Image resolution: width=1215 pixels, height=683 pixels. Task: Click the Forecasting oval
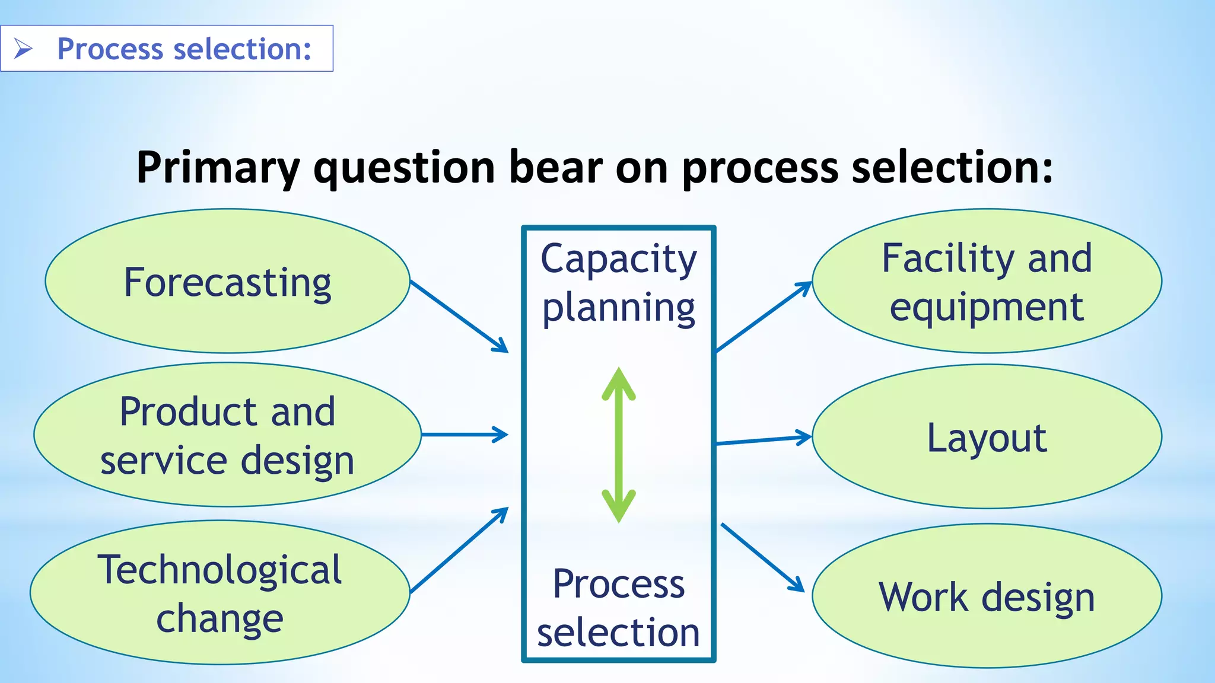click(227, 281)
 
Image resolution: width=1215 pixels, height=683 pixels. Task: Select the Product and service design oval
click(227, 435)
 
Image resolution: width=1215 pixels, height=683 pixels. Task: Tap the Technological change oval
click(220, 592)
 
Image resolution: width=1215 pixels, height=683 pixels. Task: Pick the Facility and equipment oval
click(987, 281)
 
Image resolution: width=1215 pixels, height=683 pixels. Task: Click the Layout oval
click(987, 437)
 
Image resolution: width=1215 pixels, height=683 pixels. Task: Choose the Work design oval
click(987, 596)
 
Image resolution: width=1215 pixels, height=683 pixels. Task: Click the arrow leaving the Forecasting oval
click(459, 316)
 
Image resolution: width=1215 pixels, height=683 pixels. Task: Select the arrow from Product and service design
click(465, 435)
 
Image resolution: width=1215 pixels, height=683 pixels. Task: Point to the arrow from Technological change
click(459, 550)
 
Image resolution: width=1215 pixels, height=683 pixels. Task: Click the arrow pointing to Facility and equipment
click(764, 317)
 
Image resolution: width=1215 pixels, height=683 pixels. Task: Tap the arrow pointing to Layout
click(764, 440)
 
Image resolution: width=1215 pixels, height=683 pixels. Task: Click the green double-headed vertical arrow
click(619, 445)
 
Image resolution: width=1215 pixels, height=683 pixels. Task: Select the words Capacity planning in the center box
click(619, 283)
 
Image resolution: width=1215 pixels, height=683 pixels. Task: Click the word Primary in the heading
click(218, 168)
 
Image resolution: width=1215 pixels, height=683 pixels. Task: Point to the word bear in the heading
click(555, 168)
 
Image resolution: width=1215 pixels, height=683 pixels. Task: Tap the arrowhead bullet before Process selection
click(23, 49)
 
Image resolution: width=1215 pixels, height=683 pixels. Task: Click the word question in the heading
click(404, 168)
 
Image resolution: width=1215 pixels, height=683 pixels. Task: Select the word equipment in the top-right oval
click(987, 307)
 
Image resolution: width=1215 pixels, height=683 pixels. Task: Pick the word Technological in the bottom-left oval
click(220, 569)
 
